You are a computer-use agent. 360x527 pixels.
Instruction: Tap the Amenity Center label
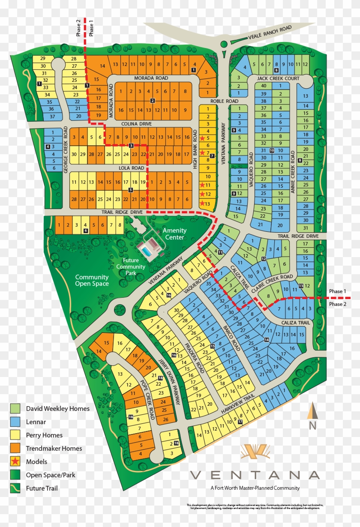pos(174,234)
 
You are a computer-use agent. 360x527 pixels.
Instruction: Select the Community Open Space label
pos(92,280)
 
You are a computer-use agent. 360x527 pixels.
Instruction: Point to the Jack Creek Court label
pos(278,79)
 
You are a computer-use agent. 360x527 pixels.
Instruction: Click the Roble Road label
pos(224,101)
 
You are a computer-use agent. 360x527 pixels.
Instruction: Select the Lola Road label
pos(132,168)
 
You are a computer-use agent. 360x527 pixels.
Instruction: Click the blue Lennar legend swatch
pos(15,422)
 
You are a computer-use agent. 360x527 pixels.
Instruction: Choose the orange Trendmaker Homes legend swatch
pos(15,449)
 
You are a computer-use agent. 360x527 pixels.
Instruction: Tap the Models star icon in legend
pos(15,462)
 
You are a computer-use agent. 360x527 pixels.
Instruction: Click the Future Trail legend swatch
pos(15,488)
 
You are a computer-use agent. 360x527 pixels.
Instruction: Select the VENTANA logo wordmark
pos(255,475)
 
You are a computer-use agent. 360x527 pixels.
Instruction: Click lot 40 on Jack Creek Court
pos(264,86)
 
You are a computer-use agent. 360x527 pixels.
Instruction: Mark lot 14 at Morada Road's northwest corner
pos(102,66)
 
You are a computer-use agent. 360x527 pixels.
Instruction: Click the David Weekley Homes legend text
pos(57,409)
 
